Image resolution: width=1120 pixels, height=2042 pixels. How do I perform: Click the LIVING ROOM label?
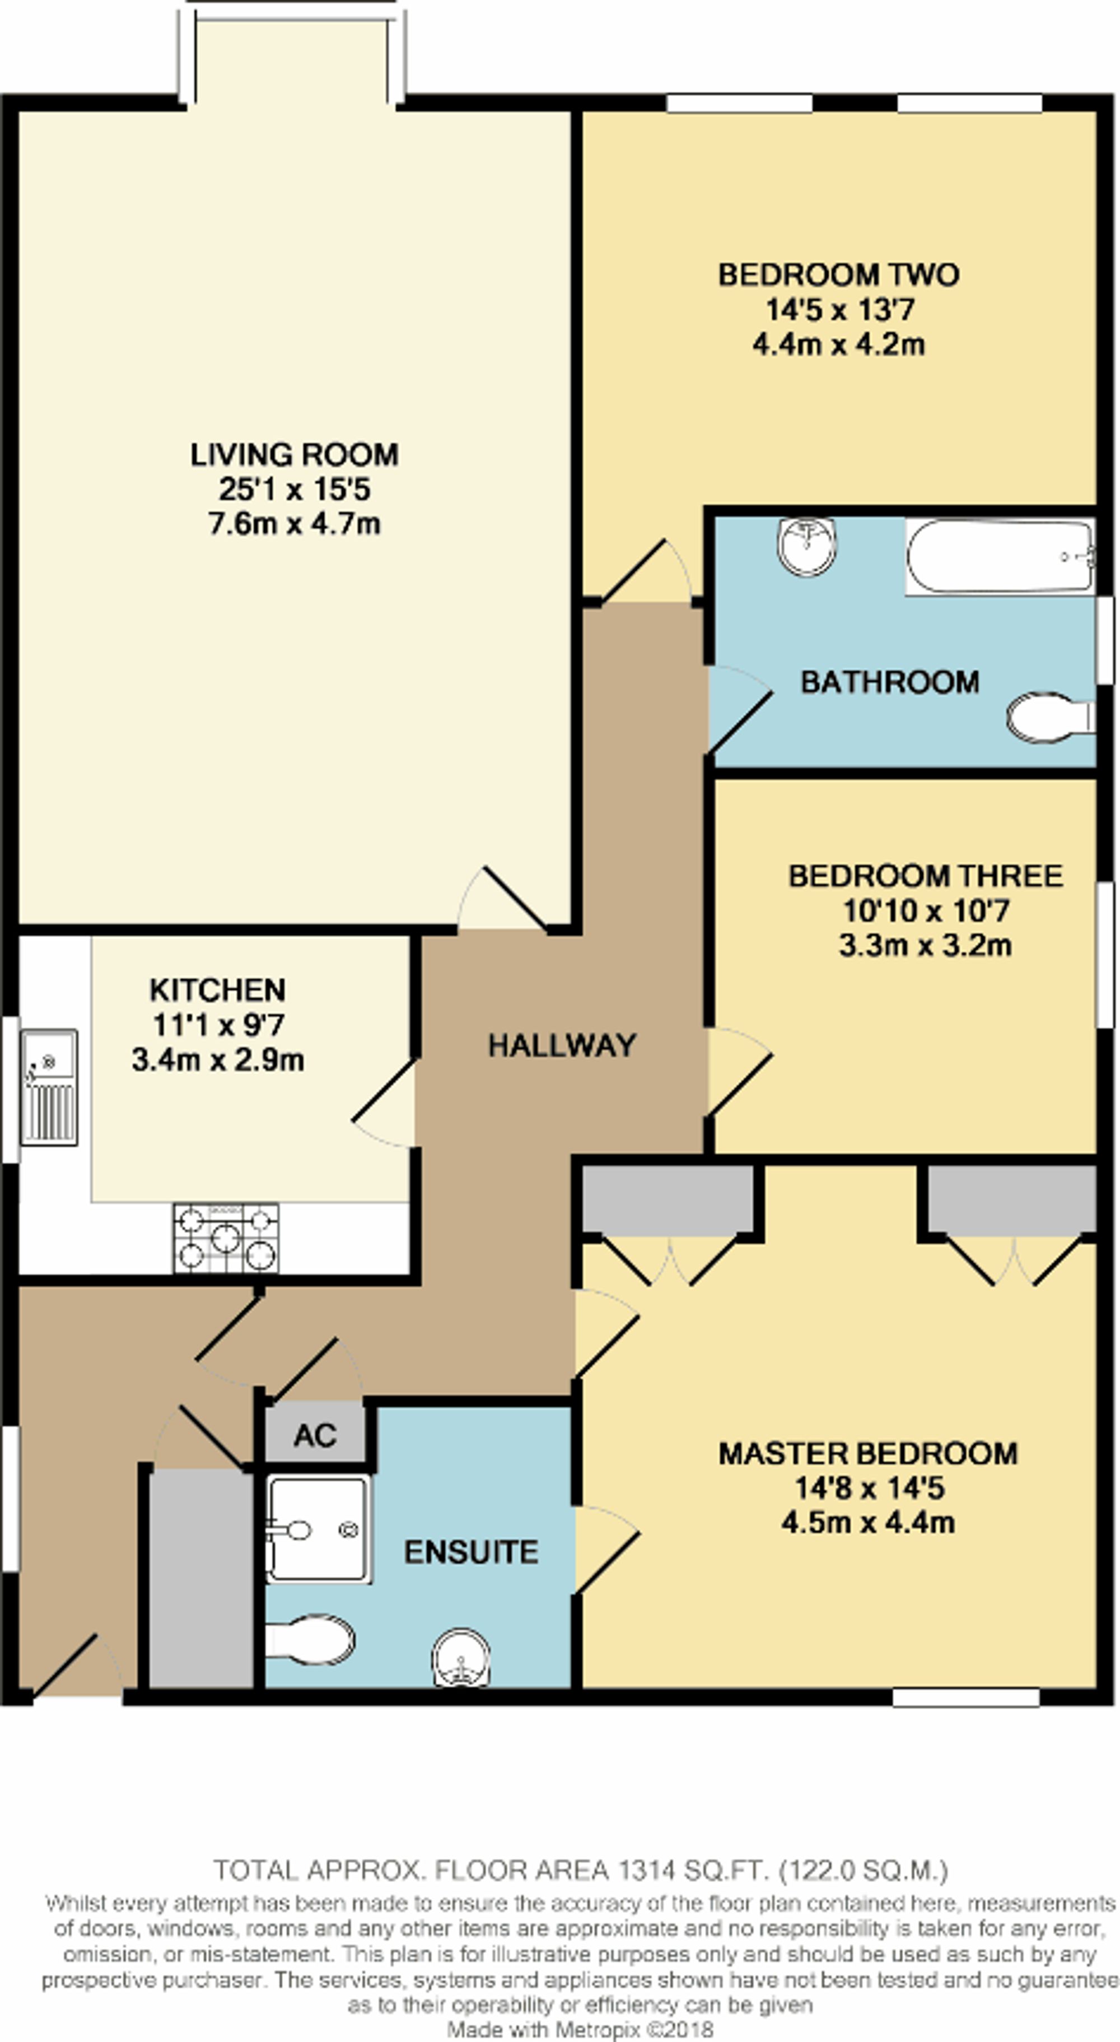pyautogui.click(x=294, y=454)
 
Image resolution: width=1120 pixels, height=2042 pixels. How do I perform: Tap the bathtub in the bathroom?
pyautogui.click(x=1000, y=556)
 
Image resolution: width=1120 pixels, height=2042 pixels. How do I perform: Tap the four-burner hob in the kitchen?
pyautogui.click(x=226, y=1238)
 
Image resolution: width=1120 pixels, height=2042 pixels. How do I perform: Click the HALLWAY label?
pyautogui.click(x=562, y=1045)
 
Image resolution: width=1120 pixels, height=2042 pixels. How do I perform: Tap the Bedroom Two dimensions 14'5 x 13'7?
pyautogui.click(x=839, y=309)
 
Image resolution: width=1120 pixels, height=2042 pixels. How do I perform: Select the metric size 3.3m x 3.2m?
pyautogui.click(x=925, y=945)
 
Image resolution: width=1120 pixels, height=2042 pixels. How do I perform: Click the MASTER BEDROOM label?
pyautogui.click(x=868, y=1453)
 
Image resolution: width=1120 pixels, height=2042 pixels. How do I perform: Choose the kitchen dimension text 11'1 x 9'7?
pyautogui.click(x=218, y=1025)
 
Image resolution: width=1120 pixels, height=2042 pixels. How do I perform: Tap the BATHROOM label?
pyautogui.click(x=889, y=682)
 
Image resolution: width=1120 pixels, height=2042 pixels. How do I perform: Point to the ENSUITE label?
pyautogui.click(x=471, y=1551)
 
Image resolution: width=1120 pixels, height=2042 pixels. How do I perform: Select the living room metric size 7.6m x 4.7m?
pyautogui.click(x=294, y=524)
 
